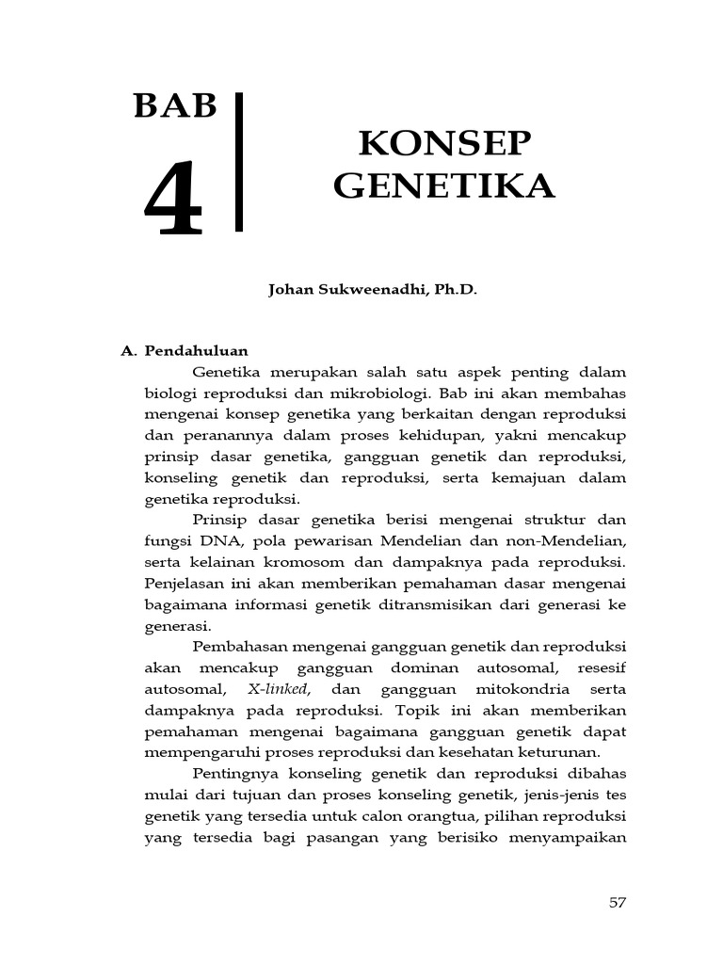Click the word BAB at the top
point(175,107)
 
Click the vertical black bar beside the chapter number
point(239,162)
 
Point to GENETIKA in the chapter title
point(444,185)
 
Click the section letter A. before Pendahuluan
point(130,350)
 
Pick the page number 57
point(618,902)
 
